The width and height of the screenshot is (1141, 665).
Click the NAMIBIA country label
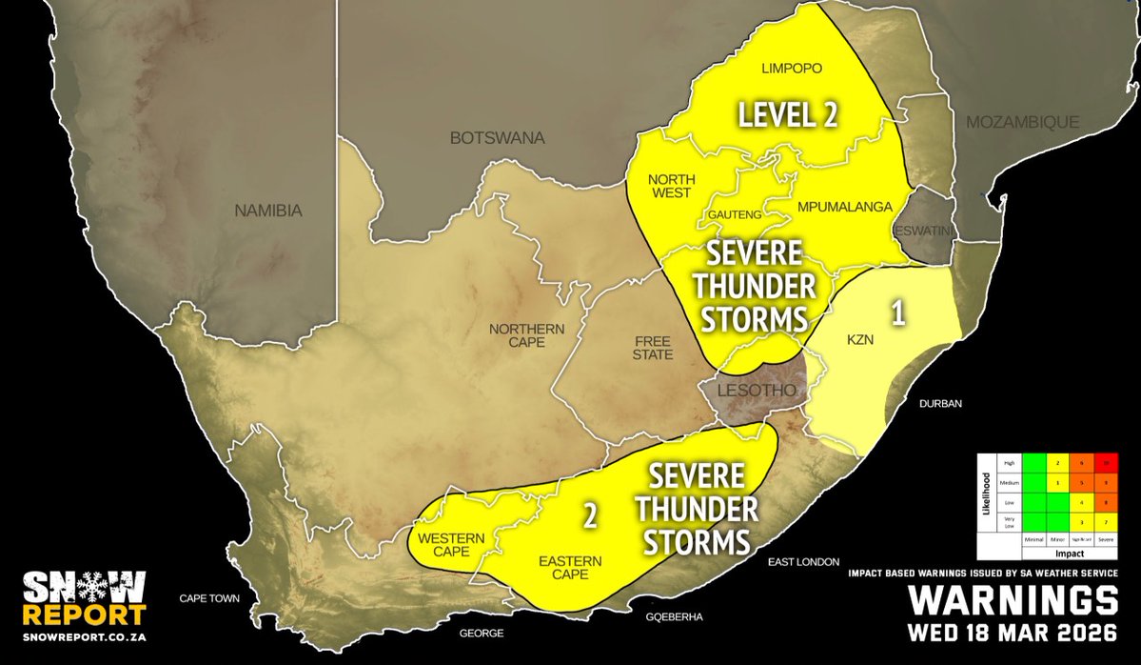point(268,211)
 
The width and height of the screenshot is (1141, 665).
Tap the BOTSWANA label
point(497,138)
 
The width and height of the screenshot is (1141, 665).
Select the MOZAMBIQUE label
point(1022,122)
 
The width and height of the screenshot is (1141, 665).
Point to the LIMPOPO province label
point(793,69)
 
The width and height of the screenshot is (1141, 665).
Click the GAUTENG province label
point(734,216)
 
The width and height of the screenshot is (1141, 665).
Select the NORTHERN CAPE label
point(527,336)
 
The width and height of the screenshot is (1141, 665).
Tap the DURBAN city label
point(940,404)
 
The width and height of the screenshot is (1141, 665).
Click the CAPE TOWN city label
point(211,599)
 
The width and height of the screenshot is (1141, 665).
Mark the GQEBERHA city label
point(674,617)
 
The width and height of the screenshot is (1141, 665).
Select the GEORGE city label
point(480,632)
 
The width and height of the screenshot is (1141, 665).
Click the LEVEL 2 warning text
point(789,115)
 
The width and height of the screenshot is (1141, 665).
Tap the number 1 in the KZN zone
point(895,312)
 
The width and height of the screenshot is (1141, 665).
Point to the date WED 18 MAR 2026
point(1012,633)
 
